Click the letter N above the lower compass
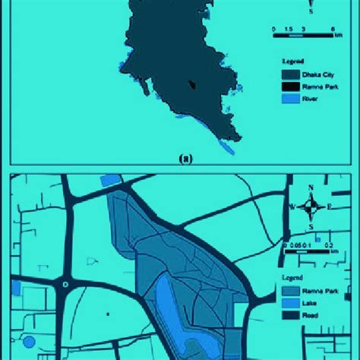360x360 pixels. point(311,188)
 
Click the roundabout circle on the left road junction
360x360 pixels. point(66,285)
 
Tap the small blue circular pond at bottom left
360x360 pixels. point(30,342)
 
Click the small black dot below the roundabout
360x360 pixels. point(108,313)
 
